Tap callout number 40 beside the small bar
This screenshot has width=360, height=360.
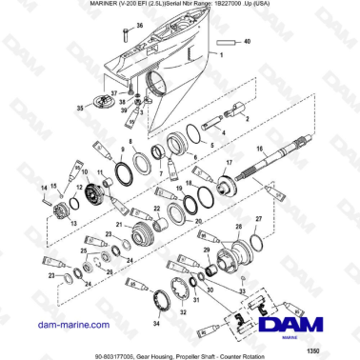(x=249, y=43)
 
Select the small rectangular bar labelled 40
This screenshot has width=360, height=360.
(x=225, y=43)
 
